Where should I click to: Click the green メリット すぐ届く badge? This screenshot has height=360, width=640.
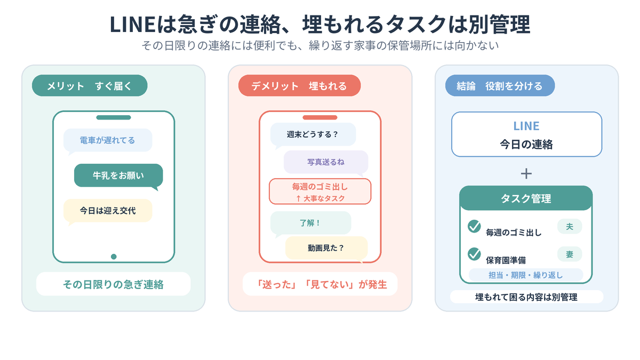tap(90, 85)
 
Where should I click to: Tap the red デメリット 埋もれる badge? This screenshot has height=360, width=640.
tap(299, 85)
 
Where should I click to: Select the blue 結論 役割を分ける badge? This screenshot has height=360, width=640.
tap(500, 85)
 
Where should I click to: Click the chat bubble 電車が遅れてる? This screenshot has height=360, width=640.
tap(108, 140)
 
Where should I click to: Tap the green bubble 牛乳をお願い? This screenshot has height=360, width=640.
tap(118, 175)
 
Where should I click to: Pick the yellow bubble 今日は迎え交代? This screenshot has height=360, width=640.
tap(108, 211)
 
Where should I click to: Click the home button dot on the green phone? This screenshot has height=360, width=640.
tap(114, 257)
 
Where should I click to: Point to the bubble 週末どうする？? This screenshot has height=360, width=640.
tap(313, 134)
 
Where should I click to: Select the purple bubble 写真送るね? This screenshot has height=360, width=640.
tap(326, 162)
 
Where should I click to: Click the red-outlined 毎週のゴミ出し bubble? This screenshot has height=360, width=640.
tap(320, 191)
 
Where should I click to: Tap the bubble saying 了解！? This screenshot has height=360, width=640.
tap(310, 223)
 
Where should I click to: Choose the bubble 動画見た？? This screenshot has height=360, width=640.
tap(326, 247)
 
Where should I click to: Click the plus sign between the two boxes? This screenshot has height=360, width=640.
tap(526, 174)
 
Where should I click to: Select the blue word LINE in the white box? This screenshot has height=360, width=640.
tap(526, 126)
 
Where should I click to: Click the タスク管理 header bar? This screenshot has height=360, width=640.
tap(526, 198)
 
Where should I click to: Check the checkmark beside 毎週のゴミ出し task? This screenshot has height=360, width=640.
tap(474, 226)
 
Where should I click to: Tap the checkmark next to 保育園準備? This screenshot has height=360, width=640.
tap(474, 254)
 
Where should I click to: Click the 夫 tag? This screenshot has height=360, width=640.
tap(570, 226)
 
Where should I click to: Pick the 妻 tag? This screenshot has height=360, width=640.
tap(570, 254)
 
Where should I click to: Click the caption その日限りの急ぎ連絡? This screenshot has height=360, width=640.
tap(114, 284)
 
